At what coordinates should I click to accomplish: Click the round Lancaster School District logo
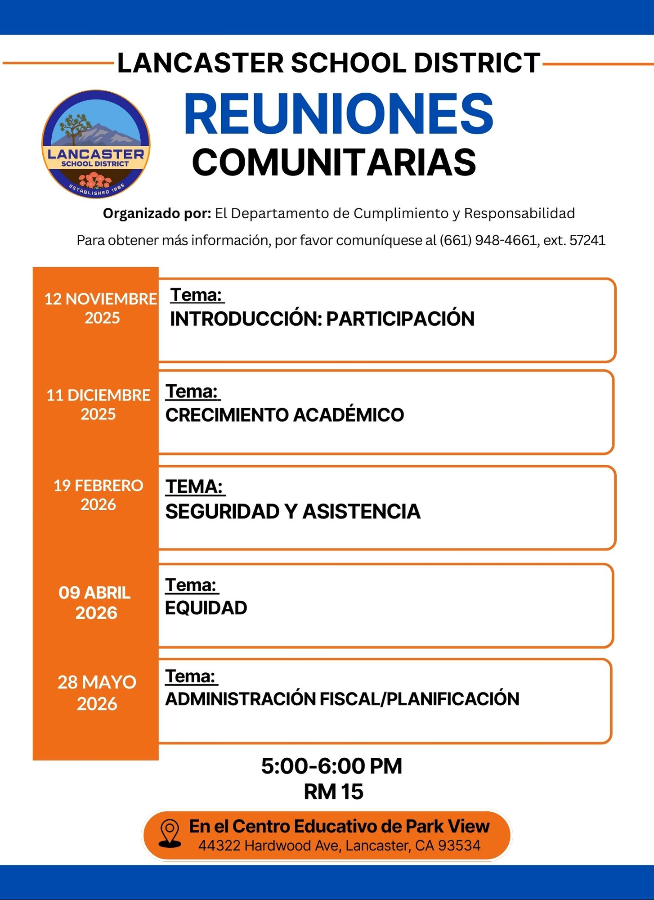[96, 144]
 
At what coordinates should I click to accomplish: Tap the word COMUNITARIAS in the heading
[334, 162]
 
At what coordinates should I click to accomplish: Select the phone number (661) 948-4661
[487, 240]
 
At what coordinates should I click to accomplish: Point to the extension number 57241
[587, 240]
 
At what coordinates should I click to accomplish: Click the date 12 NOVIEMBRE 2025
[101, 308]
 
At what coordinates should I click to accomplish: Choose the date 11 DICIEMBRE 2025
[99, 404]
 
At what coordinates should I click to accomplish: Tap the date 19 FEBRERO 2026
[99, 495]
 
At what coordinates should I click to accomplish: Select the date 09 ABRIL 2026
[95, 603]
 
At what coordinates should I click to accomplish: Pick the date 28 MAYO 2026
[97, 693]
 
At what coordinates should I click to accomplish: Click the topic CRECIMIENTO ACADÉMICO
[284, 415]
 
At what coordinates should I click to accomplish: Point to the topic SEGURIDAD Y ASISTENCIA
[292, 512]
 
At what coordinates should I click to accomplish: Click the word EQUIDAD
[206, 608]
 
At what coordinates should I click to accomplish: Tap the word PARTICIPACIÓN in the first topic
[400, 319]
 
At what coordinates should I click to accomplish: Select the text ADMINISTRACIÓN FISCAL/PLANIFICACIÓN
[342, 699]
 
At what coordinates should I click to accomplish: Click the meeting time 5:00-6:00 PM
[331, 766]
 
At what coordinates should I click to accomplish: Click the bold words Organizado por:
[157, 213]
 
